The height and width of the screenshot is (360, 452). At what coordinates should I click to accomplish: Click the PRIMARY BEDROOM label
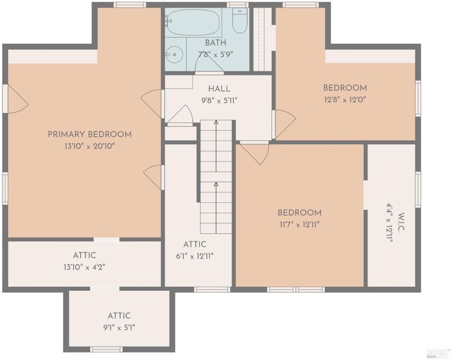[x=89, y=134]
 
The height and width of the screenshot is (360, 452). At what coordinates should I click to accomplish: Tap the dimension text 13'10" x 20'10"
[x=89, y=146]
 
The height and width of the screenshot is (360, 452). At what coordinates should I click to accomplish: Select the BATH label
[x=215, y=43]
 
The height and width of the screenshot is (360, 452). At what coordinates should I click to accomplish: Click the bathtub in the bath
[x=194, y=22]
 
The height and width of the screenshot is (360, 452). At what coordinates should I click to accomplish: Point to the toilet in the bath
[x=240, y=21]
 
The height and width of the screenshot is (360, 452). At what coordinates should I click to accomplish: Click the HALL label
[x=219, y=88]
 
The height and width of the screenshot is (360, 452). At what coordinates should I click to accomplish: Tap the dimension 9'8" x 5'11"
[x=219, y=101]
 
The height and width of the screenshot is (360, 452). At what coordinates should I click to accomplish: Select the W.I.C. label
[x=401, y=222]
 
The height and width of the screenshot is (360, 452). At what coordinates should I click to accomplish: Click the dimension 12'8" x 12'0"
[x=345, y=100]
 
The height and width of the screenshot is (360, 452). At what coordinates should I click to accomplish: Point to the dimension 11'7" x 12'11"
[x=300, y=224]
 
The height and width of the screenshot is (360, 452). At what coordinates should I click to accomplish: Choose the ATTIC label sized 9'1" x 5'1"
[x=119, y=316]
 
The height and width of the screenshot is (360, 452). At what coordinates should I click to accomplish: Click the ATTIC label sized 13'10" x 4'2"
[x=84, y=256]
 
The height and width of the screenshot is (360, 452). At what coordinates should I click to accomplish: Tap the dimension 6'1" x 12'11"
[x=194, y=256]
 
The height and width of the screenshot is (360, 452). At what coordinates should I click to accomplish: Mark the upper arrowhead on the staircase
[x=216, y=123]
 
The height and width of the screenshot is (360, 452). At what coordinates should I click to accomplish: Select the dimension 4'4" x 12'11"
[x=390, y=222]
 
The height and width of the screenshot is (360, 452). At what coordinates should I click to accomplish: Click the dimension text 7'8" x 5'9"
[x=215, y=55]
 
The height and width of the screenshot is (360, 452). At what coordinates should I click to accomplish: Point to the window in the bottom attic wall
[x=106, y=349]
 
